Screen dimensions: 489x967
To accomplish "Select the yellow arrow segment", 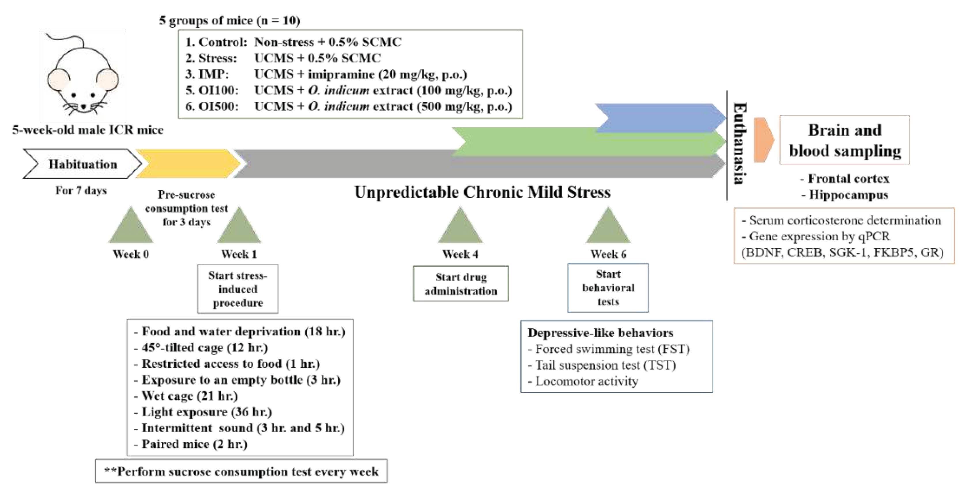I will (188, 164).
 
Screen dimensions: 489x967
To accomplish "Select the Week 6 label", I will (608, 254).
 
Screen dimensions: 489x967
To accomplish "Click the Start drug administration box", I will (461, 284).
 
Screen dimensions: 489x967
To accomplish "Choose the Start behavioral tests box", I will (608, 288).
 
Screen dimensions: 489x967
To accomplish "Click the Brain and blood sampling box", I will (845, 140).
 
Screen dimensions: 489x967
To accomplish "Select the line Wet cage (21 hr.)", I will (190, 396).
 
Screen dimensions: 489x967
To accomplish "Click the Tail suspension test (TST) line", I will (605, 365).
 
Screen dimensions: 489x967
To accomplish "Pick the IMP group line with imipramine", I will (325, 74).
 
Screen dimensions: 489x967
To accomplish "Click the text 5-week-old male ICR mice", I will (88, 130).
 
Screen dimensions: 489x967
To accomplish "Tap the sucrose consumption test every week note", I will (241, 471).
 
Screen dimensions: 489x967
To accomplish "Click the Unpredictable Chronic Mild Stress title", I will (482, 192).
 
